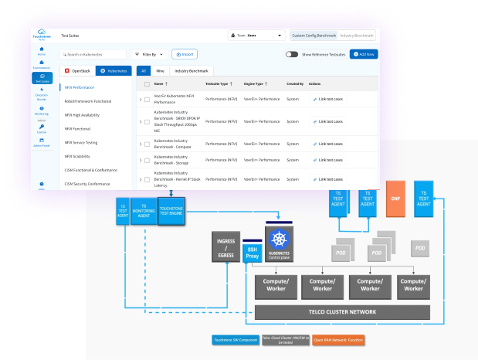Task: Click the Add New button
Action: point(364,54)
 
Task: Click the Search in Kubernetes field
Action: point(93,55)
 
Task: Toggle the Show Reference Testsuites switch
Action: point(292,54)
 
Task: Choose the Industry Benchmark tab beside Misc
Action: point(190,70)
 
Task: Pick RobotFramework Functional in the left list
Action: point(88,102)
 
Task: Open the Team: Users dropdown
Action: point(256,36)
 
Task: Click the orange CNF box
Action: point(395,198)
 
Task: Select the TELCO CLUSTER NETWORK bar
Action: point(343,312)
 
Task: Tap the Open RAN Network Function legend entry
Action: point(339,339)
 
